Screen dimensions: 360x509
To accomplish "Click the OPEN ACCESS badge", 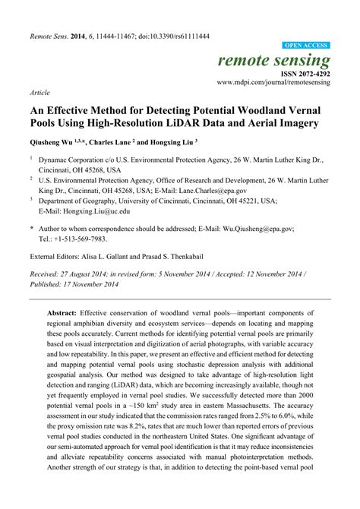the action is [305, 46].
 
